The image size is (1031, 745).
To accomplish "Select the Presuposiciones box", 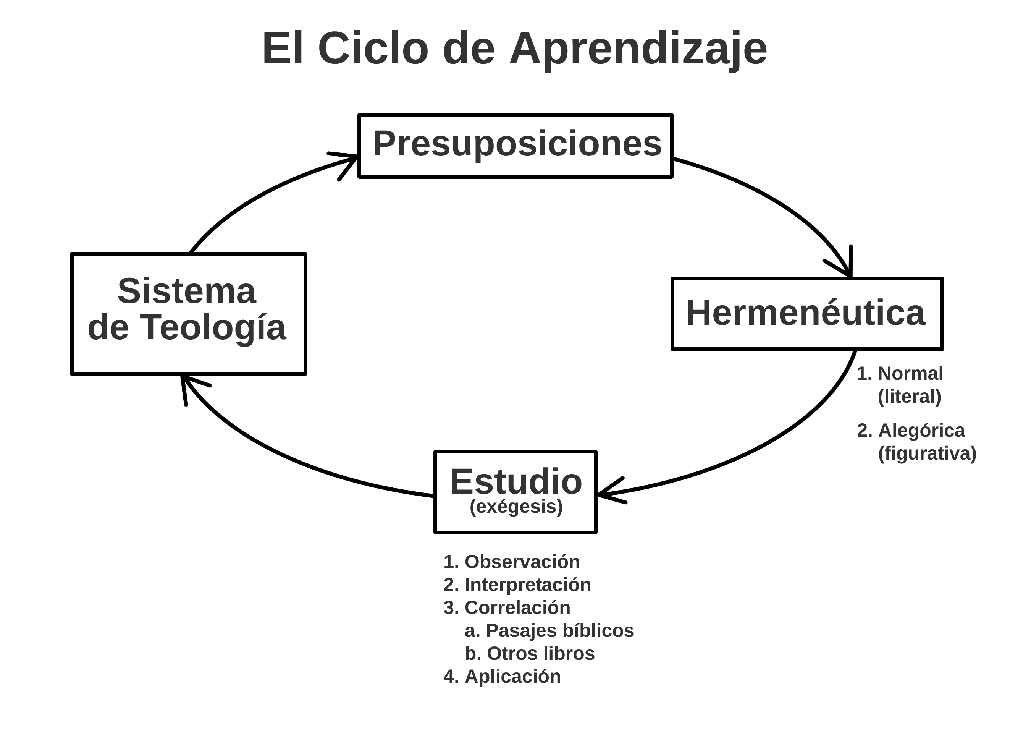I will pyautogui.click(x=515, y=145).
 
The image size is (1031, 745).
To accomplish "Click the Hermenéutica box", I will pyautogui.click(x=807, y=313).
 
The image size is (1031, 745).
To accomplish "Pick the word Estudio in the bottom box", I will pyautogui.click(x=516, y=482).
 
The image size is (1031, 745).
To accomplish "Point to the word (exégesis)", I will pyautogui.click(x=516, y=507).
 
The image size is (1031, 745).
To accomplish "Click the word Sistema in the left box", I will pyautogui.click(x=187, y=291).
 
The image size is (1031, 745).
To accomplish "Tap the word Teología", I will pyautogui.click(x=212, y=327).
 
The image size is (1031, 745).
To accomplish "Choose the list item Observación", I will pyautogui.click(x=522, y=562).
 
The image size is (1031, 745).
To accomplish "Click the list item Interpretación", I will pyautogui.click(x=527, y=585).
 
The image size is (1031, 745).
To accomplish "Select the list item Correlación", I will pyautogui.click(x=517, y=607).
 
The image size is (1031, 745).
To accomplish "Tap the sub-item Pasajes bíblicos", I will pyautogui.click(x=559, y=631).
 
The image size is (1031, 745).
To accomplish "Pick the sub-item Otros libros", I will pyautogui.click(x=540, y=654).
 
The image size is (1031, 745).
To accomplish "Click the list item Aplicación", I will pyautogui.click(x=512, y=677).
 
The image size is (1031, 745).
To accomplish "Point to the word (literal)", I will pyautogui.click(x=909, y=397).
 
